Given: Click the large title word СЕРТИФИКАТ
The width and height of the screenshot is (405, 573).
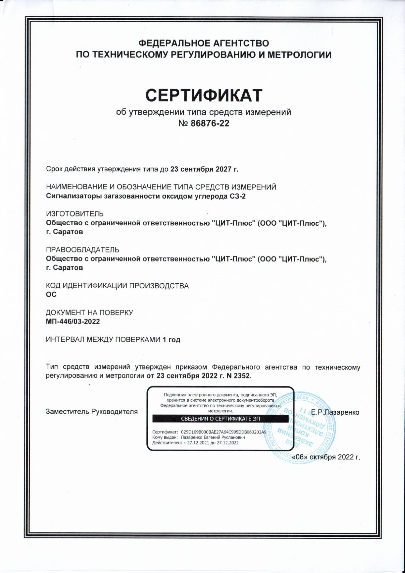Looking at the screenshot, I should [x=204, y=95].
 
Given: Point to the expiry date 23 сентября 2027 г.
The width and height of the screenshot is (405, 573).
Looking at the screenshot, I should [x=204, y=169].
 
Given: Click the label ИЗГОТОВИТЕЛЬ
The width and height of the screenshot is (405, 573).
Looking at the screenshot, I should [x=75, y=214].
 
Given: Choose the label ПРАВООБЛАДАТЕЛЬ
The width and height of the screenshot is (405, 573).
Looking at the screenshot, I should [x=82, y=250].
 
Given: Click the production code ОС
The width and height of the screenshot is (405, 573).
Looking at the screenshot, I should [x=51, y=294].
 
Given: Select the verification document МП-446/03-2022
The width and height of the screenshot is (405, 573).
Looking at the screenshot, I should [x=73, y=322].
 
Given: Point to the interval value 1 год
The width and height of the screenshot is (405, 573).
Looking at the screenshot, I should [x=172, y=340].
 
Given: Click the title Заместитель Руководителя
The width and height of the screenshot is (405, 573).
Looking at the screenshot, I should [x=92, y=412].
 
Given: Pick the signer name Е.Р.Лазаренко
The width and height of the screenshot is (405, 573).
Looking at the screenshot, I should [x=335, y=412].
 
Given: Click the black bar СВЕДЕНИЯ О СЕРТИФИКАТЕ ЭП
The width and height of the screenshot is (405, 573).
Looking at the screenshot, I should [x=220, y=419].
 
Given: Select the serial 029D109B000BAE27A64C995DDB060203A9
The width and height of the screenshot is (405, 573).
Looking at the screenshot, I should [x=223, y=432].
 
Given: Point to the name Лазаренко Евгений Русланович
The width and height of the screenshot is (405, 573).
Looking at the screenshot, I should [x=213, y=437].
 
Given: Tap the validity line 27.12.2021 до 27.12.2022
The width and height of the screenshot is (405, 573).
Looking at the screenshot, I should [x=213, y=443].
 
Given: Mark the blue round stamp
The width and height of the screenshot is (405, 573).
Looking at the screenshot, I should [x=302, y=428].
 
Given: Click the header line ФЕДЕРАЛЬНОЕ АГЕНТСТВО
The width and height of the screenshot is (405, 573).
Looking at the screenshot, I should [x=204, y=43].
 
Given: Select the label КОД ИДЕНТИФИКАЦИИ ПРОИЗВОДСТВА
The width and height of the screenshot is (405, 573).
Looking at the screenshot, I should [x=117, y=286].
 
